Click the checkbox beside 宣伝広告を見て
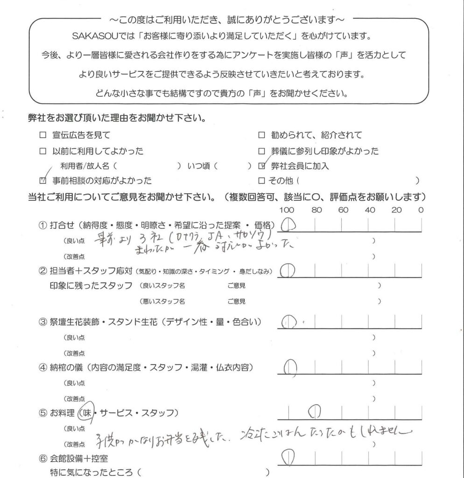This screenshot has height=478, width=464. coord(43,135)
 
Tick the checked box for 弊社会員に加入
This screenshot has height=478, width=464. coord(261,166)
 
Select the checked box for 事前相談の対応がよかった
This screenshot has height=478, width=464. coord(43,180)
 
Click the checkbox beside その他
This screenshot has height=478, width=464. coord(261,180)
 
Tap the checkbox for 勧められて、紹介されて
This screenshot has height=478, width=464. coord(261,135)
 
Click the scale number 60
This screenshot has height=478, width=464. coord(344,211)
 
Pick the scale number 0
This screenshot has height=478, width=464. coord(421,211)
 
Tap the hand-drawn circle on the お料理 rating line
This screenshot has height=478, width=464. coord(315,412)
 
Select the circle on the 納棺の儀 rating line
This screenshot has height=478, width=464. coord(290,367)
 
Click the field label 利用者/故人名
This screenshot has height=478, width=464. coord(85,166)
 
